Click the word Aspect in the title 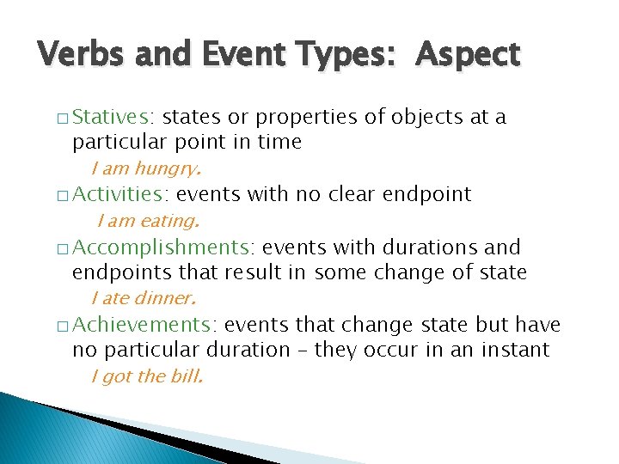click(x=468, y=55)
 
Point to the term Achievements click(x=145, y=325)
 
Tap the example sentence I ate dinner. click(x=144, y=299)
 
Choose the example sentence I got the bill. click(x=147, y=376)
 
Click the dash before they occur click(x=303, y=351)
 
